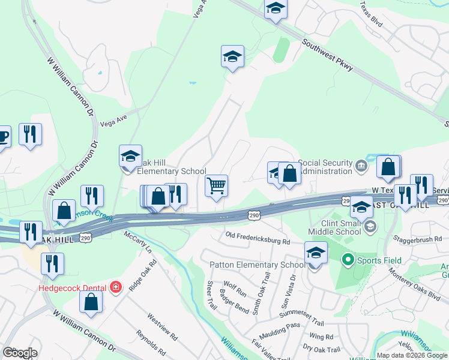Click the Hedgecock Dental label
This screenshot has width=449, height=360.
click(72, 287)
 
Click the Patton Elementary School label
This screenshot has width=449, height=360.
click(257, 265)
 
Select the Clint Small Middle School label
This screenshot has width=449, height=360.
click(335, 226)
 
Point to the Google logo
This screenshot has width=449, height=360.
click(20, 352)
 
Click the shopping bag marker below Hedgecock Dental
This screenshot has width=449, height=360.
click(91, 304)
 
